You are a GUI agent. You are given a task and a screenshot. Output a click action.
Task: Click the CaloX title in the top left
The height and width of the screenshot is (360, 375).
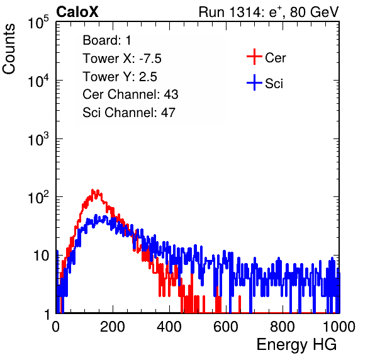(77, 12)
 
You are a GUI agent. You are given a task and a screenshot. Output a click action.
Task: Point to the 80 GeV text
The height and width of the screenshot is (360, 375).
(314, 12)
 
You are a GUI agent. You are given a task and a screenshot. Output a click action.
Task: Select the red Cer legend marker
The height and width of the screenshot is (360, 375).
(254, 57)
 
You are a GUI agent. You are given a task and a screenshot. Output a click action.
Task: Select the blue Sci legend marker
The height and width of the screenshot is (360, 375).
(254, 82)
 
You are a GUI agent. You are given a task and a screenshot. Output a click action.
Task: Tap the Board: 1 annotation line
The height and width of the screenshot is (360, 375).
(107, 40)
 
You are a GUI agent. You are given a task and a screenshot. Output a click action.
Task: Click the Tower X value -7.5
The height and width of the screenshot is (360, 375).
(150, 59)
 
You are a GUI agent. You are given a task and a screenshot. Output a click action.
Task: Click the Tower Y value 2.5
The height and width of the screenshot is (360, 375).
(148, 77)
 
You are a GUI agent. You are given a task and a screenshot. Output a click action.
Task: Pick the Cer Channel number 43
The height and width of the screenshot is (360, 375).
(171, 94)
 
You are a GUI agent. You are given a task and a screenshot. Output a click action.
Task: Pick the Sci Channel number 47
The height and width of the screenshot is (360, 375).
(168, 113)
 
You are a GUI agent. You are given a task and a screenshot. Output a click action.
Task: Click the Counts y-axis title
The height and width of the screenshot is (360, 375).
(9, 49)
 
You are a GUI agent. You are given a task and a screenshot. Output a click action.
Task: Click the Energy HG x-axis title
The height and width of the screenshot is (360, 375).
(296, 345)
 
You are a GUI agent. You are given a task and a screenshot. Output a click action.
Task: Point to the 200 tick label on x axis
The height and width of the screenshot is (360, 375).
(113, 327)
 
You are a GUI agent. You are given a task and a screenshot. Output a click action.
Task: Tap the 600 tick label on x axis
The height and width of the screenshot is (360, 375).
(226, 327)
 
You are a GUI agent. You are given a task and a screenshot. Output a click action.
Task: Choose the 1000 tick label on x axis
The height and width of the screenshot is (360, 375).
(339, 327)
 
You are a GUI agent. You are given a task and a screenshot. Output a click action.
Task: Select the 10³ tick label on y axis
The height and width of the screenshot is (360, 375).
(38, 139)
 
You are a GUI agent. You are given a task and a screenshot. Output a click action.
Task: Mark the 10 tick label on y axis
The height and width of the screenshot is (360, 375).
(41, 256)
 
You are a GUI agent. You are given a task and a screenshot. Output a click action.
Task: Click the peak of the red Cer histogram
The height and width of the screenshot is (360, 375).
(92, 190)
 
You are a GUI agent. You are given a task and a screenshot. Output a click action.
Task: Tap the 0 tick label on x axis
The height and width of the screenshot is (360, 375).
(56, 327)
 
